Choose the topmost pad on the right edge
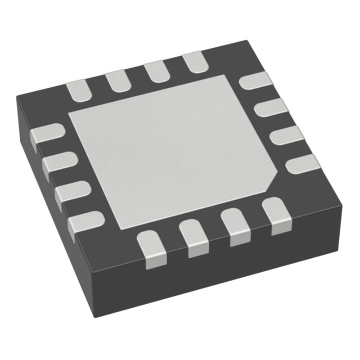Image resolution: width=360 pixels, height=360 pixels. tap(256, 81)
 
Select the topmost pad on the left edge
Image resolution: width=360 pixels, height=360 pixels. tap(48, 133)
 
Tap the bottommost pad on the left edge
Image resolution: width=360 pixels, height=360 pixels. tap(85, 220)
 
